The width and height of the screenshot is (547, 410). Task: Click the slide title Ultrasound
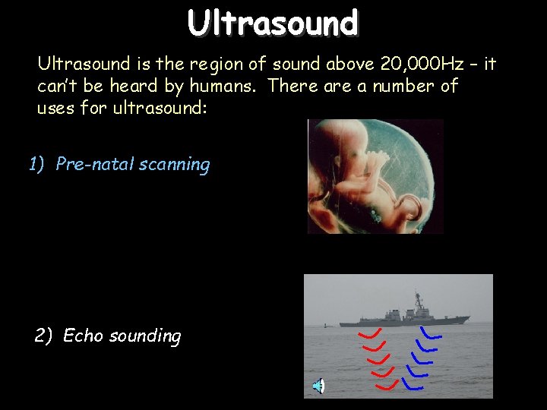tap(273, 23)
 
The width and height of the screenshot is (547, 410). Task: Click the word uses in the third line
tap(55, 108)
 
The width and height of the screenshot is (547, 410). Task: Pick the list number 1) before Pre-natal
tap(38, 164)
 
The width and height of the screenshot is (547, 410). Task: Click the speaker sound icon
tap(319, 386)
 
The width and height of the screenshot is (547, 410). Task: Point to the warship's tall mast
tap(417, 300)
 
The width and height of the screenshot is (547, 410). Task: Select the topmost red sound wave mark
tap(370, 333)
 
